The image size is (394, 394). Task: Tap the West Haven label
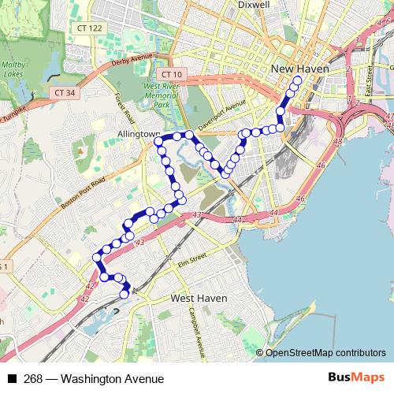(x=199, y=299)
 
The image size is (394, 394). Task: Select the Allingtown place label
(x=139, y=135)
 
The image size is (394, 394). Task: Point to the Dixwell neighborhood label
(x=254, y=5)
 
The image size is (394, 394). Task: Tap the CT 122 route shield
(x=90, y=28)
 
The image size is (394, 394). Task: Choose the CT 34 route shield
(x=65, y=92)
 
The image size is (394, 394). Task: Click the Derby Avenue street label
(x=132, y=58)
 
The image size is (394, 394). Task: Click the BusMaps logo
(x=356, y=378)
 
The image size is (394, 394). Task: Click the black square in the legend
(x=12, y=379)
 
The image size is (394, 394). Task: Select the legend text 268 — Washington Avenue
(x=94, y=379)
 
